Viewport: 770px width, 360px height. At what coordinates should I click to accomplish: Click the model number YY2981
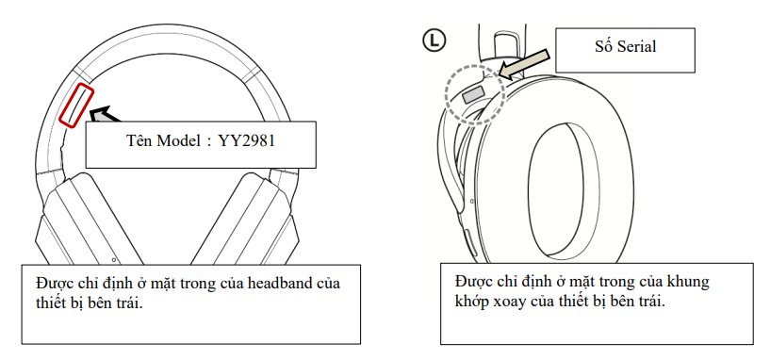pos(247,141)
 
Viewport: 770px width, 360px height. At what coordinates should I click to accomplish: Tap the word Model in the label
pos(177,141)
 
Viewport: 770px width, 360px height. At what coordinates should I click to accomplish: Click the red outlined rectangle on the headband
pos(76,106)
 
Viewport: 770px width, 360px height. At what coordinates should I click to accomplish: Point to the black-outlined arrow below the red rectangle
pos(106,115)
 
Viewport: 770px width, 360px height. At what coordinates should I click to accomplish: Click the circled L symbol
pos(434,41)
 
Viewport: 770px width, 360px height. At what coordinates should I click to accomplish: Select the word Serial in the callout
pos(637,46)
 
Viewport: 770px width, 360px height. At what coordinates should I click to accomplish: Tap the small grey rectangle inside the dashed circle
pos(473,94)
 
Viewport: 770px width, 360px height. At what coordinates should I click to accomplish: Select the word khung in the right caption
pos(691,282)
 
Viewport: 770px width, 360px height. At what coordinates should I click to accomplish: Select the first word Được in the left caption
pos(53,284)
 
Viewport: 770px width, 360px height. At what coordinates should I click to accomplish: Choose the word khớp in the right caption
pos(471,302)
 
